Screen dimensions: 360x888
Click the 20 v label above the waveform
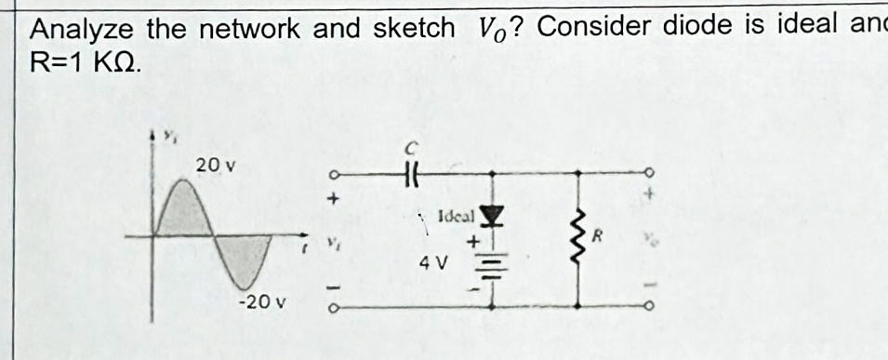[x=216, y=166]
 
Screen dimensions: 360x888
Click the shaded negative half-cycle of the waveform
[x=244, y=260]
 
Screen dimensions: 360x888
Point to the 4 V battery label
[x=434, y=263]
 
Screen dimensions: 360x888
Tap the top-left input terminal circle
[x=328, y=174]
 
